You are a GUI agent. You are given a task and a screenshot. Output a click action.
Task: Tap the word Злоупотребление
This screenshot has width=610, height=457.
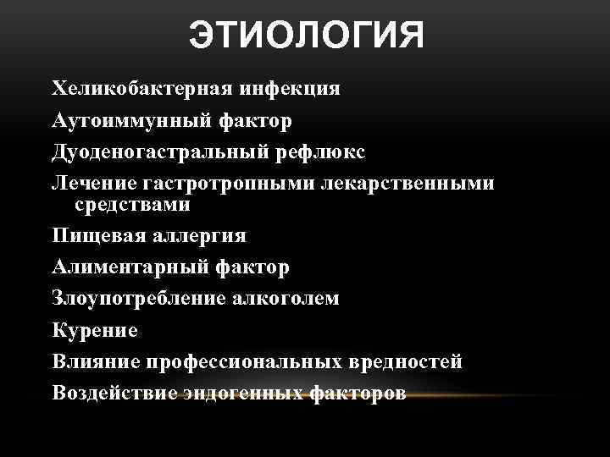(x=139, y=298)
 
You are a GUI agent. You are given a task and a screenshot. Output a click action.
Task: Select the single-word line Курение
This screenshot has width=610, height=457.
(x=94, y=330)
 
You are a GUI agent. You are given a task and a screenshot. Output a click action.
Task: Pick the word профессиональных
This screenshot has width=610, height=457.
(x=246, y=362)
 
